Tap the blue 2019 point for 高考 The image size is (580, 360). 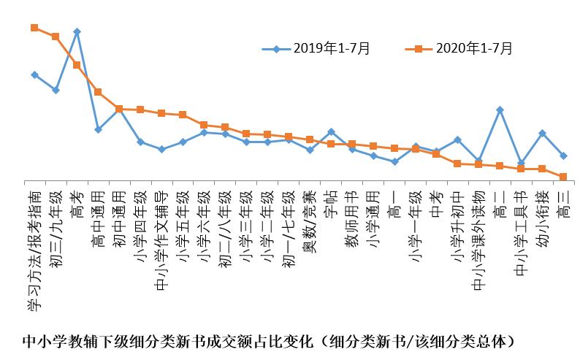77,31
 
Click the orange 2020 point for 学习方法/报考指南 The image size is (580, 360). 34,28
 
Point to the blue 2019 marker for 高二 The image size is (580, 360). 500,110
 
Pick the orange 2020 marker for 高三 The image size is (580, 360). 563,177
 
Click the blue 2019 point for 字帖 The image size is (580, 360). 331,131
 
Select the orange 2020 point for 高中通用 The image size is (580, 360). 98,92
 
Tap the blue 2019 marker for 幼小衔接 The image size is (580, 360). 542,133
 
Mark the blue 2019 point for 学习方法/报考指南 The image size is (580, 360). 34,74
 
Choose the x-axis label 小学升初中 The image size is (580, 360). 458,226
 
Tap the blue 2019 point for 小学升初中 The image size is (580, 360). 457,139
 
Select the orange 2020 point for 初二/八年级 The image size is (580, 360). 225,127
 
